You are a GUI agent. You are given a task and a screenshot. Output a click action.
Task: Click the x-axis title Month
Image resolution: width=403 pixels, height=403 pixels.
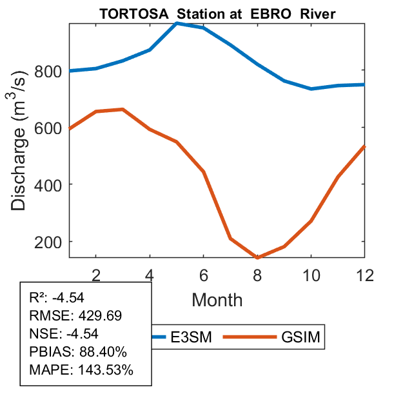coord(217,299)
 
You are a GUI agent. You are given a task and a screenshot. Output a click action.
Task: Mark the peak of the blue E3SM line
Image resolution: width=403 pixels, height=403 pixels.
coord(177,23)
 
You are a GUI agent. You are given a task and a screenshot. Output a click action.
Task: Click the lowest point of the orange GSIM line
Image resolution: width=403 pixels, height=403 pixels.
coord(257,257)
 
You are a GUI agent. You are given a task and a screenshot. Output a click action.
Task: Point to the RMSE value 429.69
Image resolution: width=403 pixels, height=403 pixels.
coord(100,316)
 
